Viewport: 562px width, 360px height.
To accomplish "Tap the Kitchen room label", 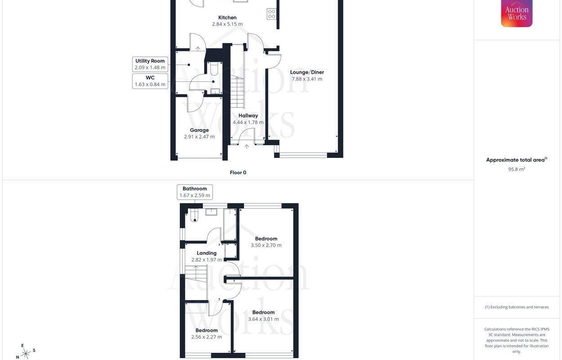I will tap(227, 18).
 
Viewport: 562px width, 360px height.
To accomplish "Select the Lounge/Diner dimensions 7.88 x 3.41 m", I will tap(307, 79).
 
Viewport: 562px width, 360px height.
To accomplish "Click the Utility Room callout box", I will tap(150, 64).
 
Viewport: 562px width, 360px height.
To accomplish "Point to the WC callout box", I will tap(150, 81).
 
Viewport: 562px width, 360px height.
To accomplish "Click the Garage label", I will tap(199, 130).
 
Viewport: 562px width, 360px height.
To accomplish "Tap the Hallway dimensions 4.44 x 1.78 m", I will tap(248, 122).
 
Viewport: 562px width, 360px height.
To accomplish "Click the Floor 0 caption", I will tap(238, 172).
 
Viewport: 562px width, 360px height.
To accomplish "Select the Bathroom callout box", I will tap(195, 192).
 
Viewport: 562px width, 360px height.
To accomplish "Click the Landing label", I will tap(206, 253).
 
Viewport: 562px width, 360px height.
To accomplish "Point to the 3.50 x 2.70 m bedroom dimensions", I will tap(266, 245).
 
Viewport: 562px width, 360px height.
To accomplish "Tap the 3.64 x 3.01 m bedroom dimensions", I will tap(263, 319).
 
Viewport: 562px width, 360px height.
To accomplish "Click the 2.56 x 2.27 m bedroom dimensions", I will tap(206, 337).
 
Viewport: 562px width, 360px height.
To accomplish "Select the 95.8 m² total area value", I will tap(517, 169).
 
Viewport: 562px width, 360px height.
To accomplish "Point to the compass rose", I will tap(26, 353).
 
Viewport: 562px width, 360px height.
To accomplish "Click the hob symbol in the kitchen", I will tap(272, 14).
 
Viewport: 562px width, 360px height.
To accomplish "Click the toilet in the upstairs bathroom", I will tap(194, 216).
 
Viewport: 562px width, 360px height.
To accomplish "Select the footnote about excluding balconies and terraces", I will tap(517, 307).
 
